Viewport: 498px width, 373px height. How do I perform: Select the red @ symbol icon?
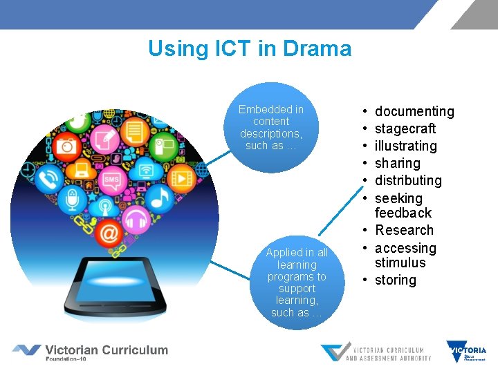click(x=108, y=235)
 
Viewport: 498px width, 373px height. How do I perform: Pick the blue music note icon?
click(x=160, y=199)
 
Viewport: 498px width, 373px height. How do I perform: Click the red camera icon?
click(x=66, y=146)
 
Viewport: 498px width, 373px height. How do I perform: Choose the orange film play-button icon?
click(x=181, y=177)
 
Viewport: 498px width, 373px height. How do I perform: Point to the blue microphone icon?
click(x=72, y=201)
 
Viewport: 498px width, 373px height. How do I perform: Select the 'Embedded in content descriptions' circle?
click(x=270, y=128)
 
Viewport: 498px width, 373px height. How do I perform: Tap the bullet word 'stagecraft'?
click(x=405, y=128)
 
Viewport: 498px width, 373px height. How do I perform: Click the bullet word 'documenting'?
click(x=414, y=111)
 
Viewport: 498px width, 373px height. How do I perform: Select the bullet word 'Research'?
click(x=404, y=230)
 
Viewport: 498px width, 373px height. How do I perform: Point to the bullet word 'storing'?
click(x=395, y=280)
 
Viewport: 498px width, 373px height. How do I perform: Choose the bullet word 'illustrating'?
click(x=405, y=146)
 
